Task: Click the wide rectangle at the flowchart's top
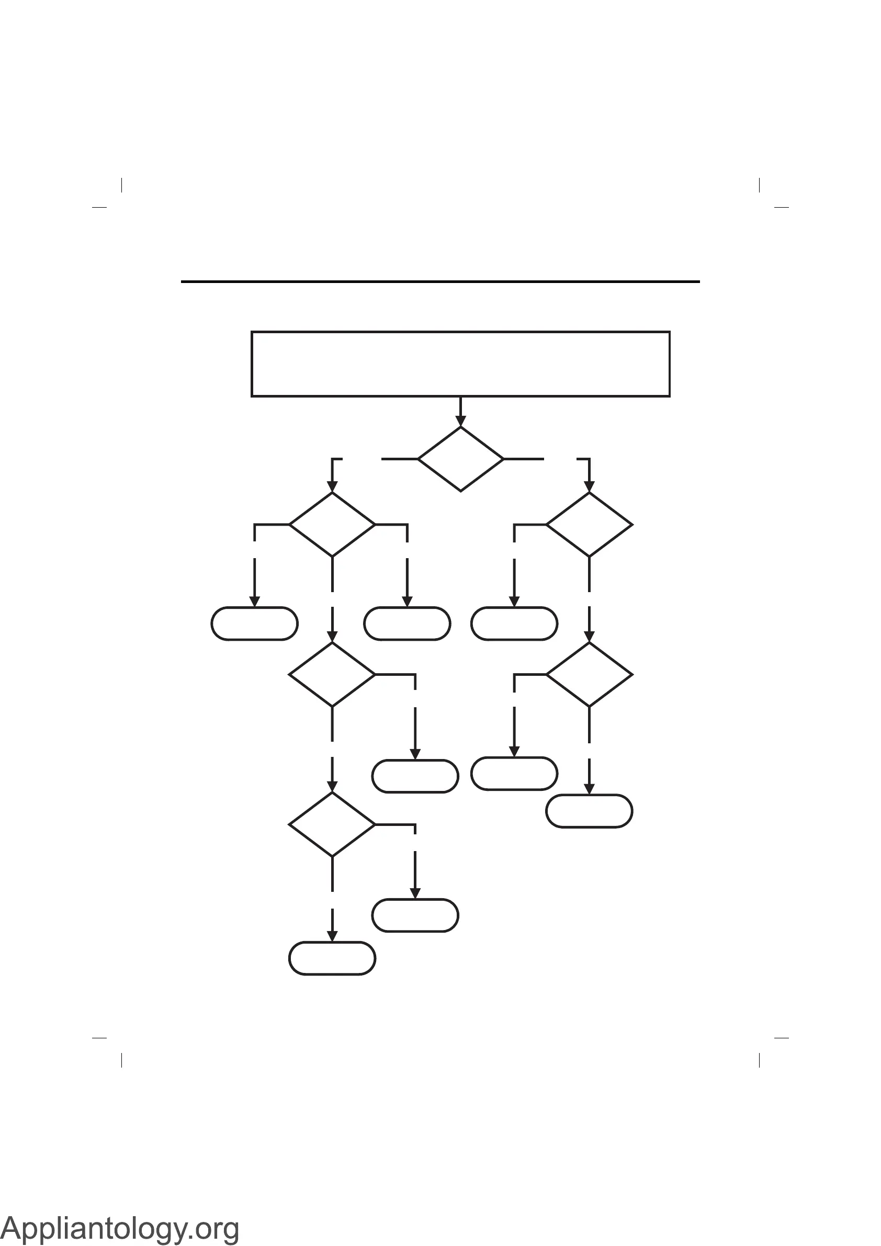tap(460, 364)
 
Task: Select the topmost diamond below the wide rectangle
tap(460, 459)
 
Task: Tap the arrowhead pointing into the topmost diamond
tap(460, 421)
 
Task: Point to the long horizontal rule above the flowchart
tap(440, 281)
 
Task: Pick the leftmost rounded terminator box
tap(255, 624)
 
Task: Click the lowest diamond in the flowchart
tap(332, 824)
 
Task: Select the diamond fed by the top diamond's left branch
tap(332, 524)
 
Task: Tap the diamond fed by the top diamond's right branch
tap(589, 524)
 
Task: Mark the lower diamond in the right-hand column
tap(589, 675)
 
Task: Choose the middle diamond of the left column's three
tap(332, 675)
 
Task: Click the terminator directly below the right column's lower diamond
tap(589, 811)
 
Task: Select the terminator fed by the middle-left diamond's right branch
tap(415, 776)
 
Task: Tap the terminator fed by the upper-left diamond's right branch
tap(407, 624)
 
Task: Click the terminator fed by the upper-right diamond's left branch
tap(514, 624)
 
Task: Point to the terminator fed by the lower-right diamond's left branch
tap(514, 773)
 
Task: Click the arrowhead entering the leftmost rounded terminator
tap(255, 602)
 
